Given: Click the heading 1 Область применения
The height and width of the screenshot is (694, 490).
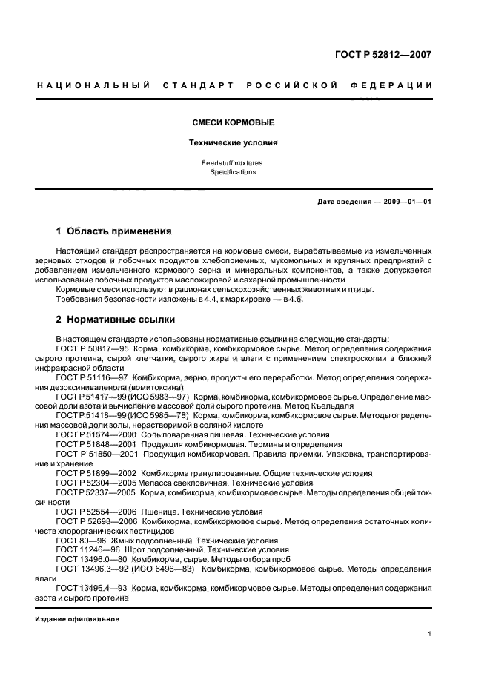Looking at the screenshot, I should [x=114, y=231].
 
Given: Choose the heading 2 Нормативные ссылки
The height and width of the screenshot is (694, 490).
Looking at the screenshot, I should [x=116, y=320].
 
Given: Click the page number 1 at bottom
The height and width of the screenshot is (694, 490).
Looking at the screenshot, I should [x=430, y=634].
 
